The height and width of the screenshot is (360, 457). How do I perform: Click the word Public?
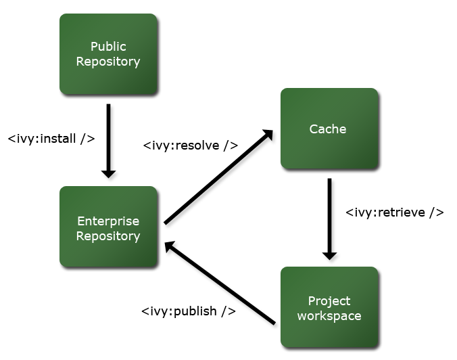point(108,47)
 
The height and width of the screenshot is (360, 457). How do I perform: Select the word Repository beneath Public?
point(108,62)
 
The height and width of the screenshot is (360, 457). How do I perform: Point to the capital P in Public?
point(94,47)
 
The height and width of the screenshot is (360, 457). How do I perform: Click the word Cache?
point(328,129)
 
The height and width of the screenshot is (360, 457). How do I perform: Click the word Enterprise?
point(108,221)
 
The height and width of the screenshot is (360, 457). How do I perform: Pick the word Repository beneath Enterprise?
point(108,236)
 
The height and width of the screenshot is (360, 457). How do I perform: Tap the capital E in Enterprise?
point(80,221)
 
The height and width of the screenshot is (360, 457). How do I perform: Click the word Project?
point(329,301)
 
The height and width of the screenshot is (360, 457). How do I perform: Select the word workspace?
point(329,316)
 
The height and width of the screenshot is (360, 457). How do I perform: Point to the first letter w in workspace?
point(302,317)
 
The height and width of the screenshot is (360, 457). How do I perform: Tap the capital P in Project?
point(311,301)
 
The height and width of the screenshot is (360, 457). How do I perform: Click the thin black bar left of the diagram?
point(51,139)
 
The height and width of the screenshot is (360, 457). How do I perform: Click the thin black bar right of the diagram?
point(395,213)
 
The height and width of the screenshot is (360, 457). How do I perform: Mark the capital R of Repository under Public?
point(80,62)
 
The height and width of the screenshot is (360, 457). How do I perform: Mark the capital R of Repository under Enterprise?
point(80,236)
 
